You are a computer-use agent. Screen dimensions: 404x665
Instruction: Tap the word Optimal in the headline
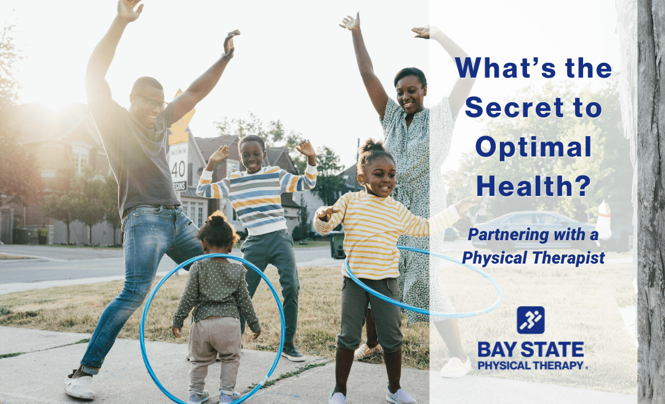click(533, 148)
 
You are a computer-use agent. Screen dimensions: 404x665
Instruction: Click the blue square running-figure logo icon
click(530, 320)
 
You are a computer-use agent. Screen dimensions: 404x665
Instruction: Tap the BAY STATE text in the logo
click(531, 350)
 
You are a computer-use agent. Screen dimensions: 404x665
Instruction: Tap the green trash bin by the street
click(337, 245)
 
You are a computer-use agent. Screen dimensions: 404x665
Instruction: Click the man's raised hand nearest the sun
click(129, 9)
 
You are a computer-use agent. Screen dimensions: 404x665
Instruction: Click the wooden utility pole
click(651, 203)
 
